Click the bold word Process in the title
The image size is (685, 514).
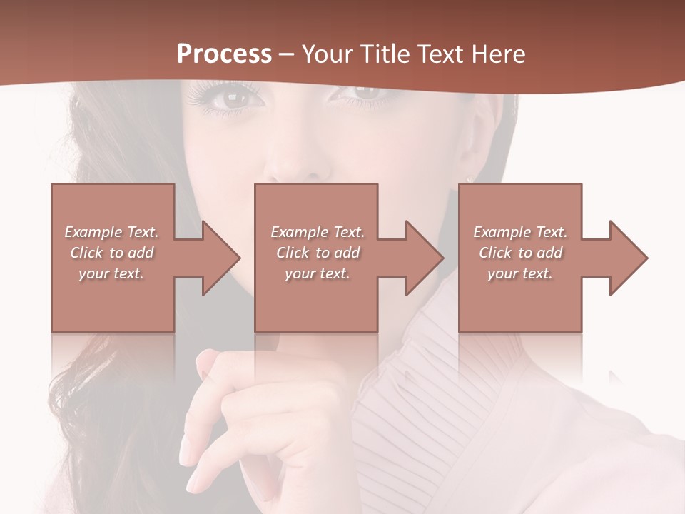pos(224,54)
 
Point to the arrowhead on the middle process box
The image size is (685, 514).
pos(422,258)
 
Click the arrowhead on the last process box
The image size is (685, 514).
pos(626,258)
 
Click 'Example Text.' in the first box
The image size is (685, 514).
pos(111,232)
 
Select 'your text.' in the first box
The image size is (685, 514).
pos(111,273)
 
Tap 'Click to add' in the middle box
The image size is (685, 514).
pos(318,253)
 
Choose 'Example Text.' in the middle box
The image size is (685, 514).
pos(318,232)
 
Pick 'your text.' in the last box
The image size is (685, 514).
pos(520,273)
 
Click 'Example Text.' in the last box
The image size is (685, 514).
pos(520,232)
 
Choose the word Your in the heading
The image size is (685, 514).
pos(325,54)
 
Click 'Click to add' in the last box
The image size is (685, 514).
pos(520,253)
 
